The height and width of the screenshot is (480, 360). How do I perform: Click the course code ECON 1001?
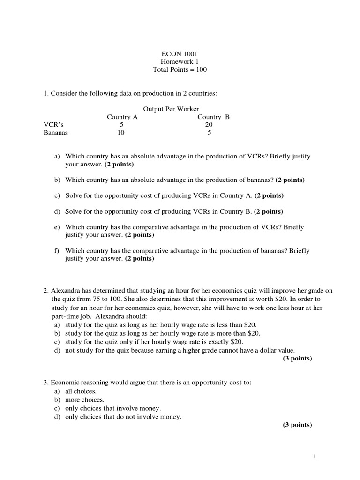coord(180,54)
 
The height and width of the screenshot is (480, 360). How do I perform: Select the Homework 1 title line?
coord(180,62)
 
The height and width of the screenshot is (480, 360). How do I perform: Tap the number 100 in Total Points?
coord(201,70)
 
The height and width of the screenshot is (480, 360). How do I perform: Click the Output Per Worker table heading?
coord(171,109)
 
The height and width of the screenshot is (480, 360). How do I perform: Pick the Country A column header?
coord(122,117)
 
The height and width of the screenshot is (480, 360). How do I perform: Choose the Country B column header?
coord(213,117)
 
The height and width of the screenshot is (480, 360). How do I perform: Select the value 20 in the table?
coord(209,125)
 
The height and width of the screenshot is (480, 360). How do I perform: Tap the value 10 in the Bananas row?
coord(121,133)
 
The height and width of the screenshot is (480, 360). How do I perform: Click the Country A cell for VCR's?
coord(122,125)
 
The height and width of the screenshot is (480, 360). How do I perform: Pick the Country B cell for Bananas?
coord(209,133)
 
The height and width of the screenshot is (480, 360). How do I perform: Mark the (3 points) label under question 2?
coord(297,359)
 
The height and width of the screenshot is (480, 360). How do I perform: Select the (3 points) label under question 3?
coord(297,425)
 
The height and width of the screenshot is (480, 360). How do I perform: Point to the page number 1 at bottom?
coord(315,456)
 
